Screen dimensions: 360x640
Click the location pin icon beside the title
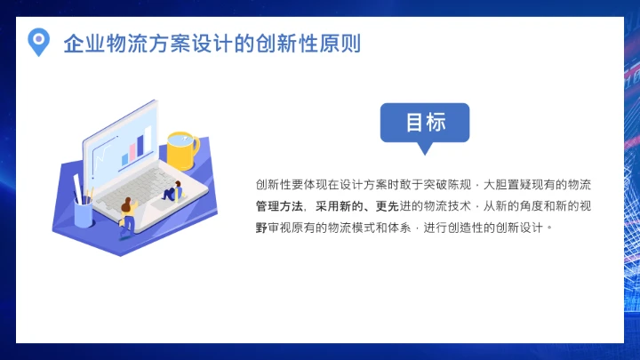[37, 41]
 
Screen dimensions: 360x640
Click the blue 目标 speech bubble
[425, 123]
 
